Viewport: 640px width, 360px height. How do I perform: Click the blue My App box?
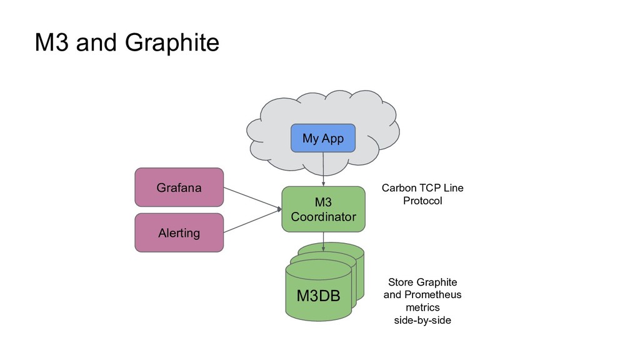pos(322,138)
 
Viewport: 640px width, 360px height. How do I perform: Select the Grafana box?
pos(179,187)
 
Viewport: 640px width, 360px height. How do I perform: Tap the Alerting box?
pos(179,232)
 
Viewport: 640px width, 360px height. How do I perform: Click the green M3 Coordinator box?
pos(323,209)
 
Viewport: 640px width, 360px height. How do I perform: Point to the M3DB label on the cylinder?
pos(318,296)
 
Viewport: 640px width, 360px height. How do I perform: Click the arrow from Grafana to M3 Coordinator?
pos(252,198)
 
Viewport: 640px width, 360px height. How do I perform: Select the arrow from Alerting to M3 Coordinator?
pos(252,222)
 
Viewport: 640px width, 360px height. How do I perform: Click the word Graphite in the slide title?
pos(172,43)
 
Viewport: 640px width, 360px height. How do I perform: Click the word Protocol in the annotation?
pos(422,201)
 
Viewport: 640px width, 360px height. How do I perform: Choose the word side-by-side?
pos(422,320)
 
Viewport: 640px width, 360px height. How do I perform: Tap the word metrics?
pos(422,307)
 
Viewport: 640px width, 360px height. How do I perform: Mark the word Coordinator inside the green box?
pos(323,217)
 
